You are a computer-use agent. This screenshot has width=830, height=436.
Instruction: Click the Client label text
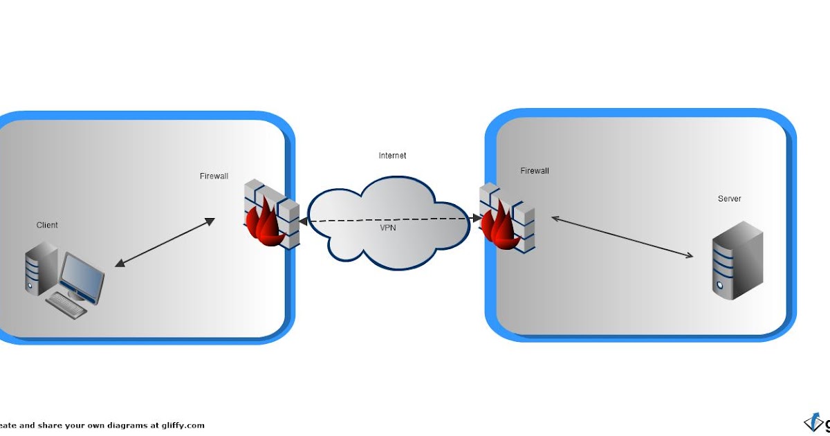click(x=47, y=225)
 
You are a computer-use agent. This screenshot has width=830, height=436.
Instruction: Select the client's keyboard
click(x=66, y=304)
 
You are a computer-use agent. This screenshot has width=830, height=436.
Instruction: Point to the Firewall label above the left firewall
click(x=214, y=176)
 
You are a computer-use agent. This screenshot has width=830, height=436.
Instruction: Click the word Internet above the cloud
click(x=392, y=156)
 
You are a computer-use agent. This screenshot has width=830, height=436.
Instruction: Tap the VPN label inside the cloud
click(x=388, y=228)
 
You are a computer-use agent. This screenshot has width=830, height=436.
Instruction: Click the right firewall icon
click(x=508, y=217)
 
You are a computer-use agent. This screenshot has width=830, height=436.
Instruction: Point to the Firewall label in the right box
click(x=535, y=171)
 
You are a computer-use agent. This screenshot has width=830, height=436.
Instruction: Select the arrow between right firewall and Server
click(x=622, y=237)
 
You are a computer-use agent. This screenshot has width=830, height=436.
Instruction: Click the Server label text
click(x=729, y=199)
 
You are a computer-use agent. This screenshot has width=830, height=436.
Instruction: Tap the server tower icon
click(x=737, y=260)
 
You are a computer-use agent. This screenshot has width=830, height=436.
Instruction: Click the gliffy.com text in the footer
click(x=184, y=426)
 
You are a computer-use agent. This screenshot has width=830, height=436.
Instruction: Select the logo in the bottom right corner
click(x=816, y=422)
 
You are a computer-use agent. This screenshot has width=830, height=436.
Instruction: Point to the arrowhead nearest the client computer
click(x=119, y=264)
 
